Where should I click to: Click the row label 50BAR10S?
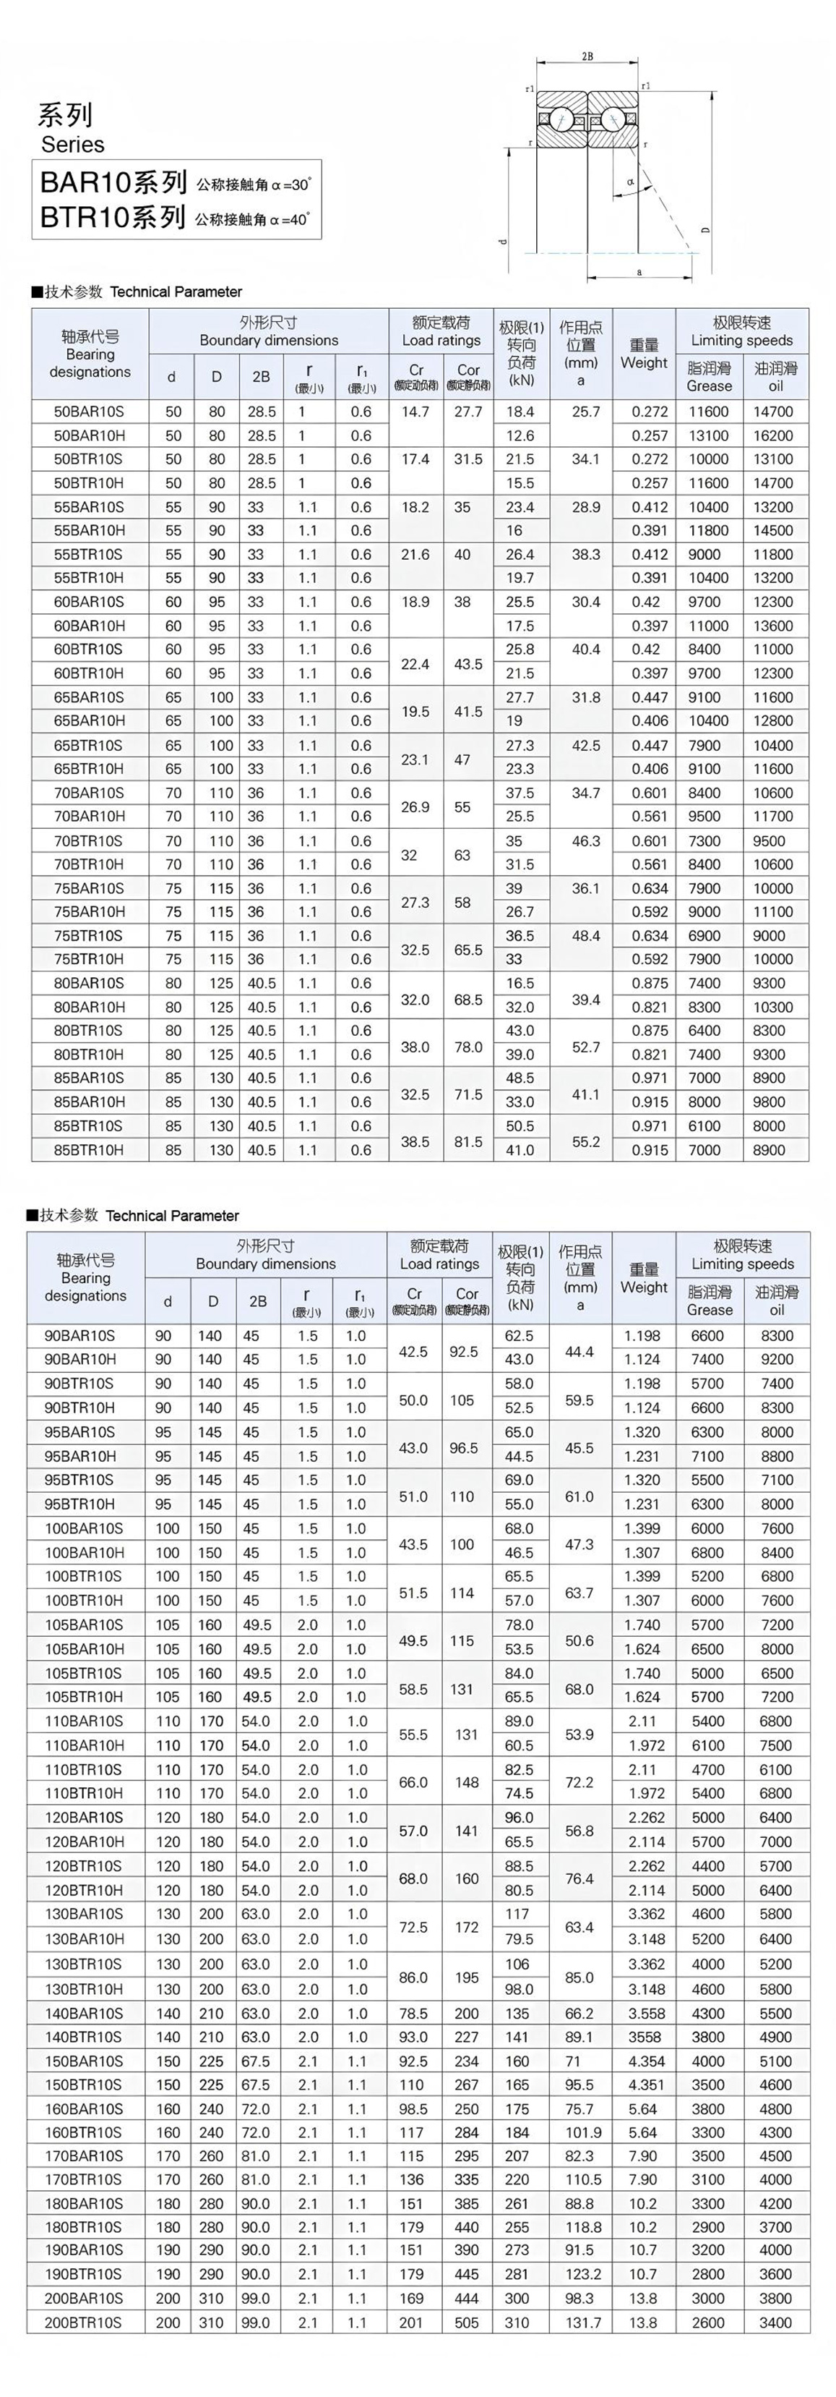point(88,412)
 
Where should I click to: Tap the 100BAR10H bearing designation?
point(84,1552)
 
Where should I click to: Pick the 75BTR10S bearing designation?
point(88,935)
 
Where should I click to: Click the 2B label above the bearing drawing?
point(587,56)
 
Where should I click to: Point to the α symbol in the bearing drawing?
point(631,182)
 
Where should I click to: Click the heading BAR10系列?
point(113,182)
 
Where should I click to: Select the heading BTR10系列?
point(113,218)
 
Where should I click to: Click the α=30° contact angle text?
point(254,184)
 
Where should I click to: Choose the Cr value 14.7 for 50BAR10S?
point(415,412)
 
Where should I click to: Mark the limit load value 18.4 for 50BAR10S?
point(520,412)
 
